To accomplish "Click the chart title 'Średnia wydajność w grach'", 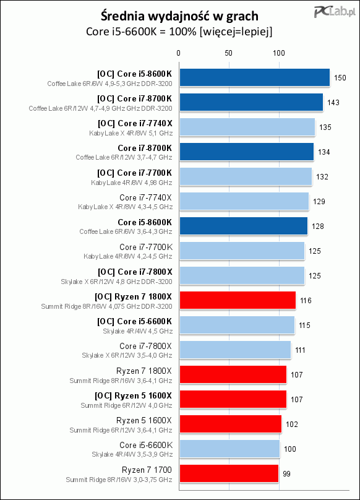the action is coord(179,16).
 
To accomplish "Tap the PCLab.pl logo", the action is coord(335,12).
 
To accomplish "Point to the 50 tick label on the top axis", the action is coord(229,53).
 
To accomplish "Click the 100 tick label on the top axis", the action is coord(279,53).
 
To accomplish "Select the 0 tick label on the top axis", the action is coord(179,53).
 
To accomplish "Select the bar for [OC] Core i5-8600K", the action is coord(254,77).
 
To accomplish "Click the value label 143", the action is coord(333,102).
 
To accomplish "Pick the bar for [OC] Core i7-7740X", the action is coord(247,127).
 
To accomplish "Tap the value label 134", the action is coord(324,152).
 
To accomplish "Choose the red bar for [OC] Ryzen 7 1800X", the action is coord(238,300).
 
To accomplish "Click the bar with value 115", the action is coord(237,325).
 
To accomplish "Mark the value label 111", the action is coord(300,350).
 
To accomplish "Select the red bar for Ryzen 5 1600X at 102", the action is coord(231,424).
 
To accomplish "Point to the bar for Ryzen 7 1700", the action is coord(229,473).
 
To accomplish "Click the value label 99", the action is coord(286,474).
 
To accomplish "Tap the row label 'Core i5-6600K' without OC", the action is coord(146,445).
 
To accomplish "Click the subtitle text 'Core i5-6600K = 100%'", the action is coord(141,32).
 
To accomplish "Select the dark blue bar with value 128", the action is coord(244,226).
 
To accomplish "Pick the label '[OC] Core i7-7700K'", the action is coord(135,173).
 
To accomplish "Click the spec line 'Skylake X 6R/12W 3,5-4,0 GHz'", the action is coord(127,355).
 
